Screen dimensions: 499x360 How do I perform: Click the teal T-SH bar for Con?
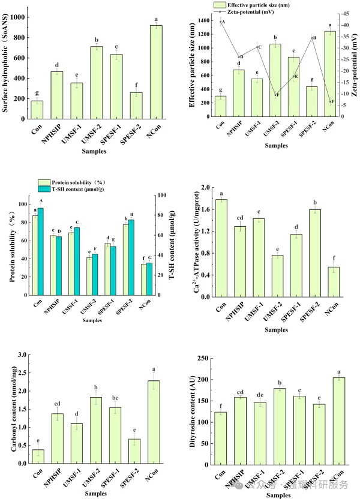[x=41, y=252]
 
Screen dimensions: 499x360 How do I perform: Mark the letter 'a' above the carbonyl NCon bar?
[x=154, y=369]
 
